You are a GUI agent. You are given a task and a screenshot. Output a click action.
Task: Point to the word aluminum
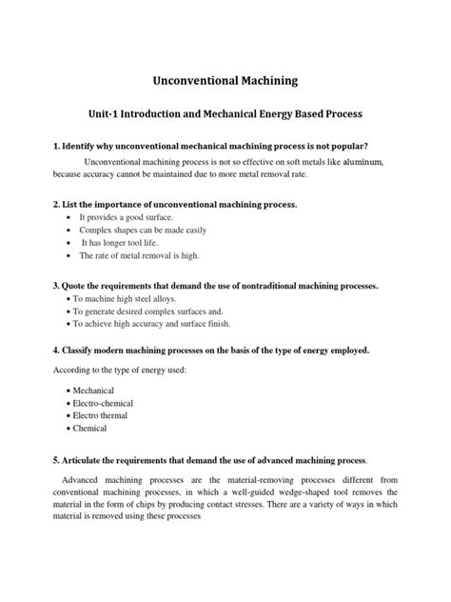[x=368, y=164]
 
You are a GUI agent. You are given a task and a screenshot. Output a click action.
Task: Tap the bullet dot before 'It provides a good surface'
[x=69, y=218]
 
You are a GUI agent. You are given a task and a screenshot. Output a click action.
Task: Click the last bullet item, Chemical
[x=92, y=429]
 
